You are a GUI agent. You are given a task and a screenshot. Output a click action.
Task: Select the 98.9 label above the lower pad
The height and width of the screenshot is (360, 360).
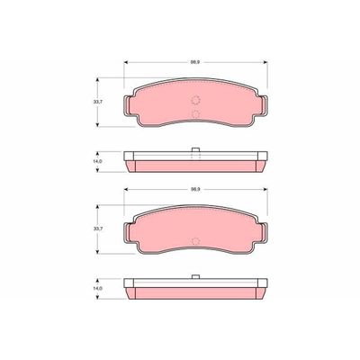click(x=193, y=191)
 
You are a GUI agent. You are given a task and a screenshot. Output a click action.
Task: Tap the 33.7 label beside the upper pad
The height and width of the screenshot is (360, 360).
click(x=99, y=103)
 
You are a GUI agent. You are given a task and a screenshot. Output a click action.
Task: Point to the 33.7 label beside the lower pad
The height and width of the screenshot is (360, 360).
click(x=99, y=230)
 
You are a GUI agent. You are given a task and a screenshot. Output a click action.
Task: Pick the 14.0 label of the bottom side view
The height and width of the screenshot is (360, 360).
click(x=99, y=289)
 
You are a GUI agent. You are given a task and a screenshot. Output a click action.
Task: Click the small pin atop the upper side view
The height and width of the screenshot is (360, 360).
click(x=195, y=150)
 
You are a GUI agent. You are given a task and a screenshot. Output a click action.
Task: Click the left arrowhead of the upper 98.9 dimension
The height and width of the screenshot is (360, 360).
click(x=126, y=63)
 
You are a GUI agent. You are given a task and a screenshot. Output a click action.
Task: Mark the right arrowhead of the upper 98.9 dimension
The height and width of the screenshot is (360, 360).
click(x=264, y=63)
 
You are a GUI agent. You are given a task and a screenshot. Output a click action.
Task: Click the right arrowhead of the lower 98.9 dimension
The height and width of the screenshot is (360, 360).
click(x=264, y=191)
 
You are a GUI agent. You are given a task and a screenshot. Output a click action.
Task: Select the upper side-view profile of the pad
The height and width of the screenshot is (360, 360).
click(x=195, y=162)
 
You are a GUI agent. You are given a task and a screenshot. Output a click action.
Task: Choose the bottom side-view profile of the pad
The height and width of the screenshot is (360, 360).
click(x=195, y=290)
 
